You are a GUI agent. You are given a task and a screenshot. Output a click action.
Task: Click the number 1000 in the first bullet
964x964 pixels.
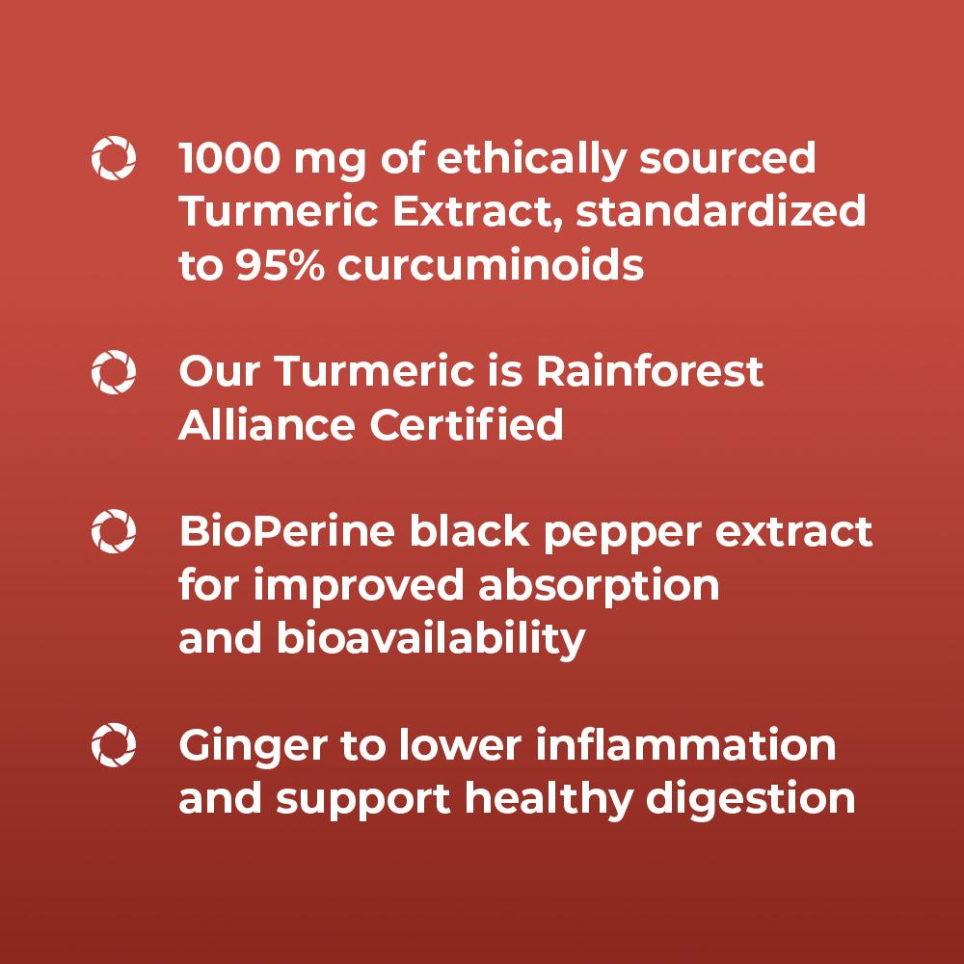pyautogui.click(x=229, y=158)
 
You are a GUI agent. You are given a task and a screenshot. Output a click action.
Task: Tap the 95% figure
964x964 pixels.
pyautogui.click(x=280, y=265)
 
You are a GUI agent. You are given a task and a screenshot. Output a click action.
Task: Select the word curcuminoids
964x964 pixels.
pyautogui.click(x=491, y=265)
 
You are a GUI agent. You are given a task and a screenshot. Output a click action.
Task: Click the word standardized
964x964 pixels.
pyautogui.click(x=720, y=211)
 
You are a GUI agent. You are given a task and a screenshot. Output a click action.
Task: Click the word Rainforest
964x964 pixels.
pyautogui.click(x=649, y=371)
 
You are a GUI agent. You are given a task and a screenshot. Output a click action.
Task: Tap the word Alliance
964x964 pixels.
pyautogui.click(x=266, y=425)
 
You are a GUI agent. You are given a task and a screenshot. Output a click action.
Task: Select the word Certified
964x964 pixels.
pyautogui.click(x=466, y=424)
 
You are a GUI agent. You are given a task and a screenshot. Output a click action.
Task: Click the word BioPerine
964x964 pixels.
pyautogui.click(x=286, y=531)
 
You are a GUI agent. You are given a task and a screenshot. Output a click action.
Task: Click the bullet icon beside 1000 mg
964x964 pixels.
pyautogui.click(x=114, y=158)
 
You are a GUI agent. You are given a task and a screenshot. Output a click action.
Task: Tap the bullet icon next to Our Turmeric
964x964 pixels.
pyautogui.click(x=114, y=372)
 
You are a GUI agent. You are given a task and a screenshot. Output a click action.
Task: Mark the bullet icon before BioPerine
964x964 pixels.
pyautogui.click(x=114, y=531)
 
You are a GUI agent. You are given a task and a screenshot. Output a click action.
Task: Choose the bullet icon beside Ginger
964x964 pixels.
pyautogui.click(x=114, y=745)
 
